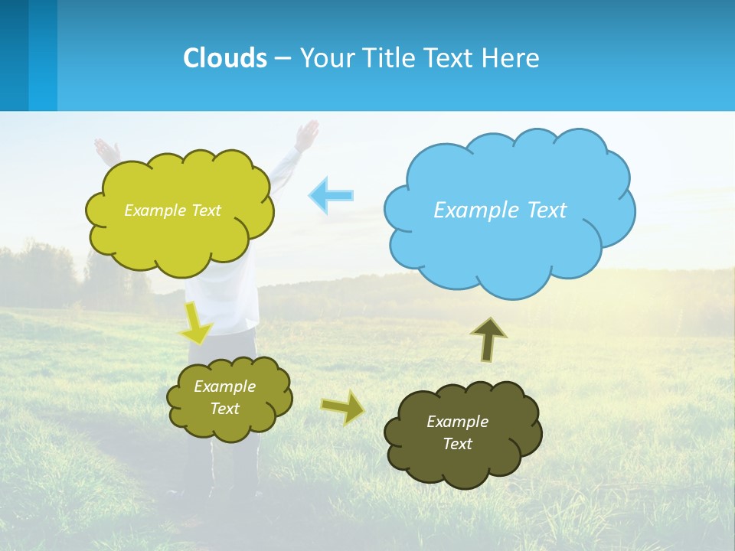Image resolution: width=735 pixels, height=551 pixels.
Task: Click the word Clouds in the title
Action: tap(225, 58)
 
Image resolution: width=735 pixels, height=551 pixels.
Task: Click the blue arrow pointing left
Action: tap(331, 195)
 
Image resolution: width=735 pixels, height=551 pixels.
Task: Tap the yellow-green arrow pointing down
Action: tap(196, 324)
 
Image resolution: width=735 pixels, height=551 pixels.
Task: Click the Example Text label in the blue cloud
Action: tap(500, 210)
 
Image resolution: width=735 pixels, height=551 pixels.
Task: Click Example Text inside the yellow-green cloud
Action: tap(172, 210)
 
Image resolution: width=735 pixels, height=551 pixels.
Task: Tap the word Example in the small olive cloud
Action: tap(225, 386)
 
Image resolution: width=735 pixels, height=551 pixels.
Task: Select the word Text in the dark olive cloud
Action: tap(457, 444)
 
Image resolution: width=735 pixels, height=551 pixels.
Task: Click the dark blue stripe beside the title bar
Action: tap(14, 55)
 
